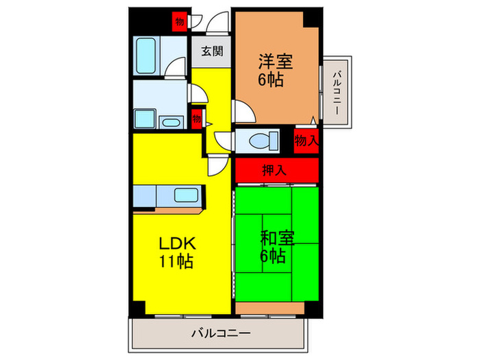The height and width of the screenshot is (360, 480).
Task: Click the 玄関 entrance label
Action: [x=211, y=51]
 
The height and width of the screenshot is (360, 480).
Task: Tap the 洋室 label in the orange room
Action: [x=276, y=61]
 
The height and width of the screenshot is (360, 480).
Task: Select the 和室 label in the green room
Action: [x=277, y=239]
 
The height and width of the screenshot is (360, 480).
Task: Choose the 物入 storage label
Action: [x=307, y=141]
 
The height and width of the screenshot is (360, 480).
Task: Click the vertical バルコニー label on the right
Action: [x=337, y=88]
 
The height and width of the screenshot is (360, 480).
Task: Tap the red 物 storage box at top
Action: [x=179, y=22]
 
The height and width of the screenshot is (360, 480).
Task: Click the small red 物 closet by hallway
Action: [x=197, y=119]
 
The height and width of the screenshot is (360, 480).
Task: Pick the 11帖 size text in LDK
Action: [x=177, y=261]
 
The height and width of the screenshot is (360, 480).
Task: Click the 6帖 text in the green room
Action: [x=272, y=257]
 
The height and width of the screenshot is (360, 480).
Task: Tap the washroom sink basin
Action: [x=170, y=122]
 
